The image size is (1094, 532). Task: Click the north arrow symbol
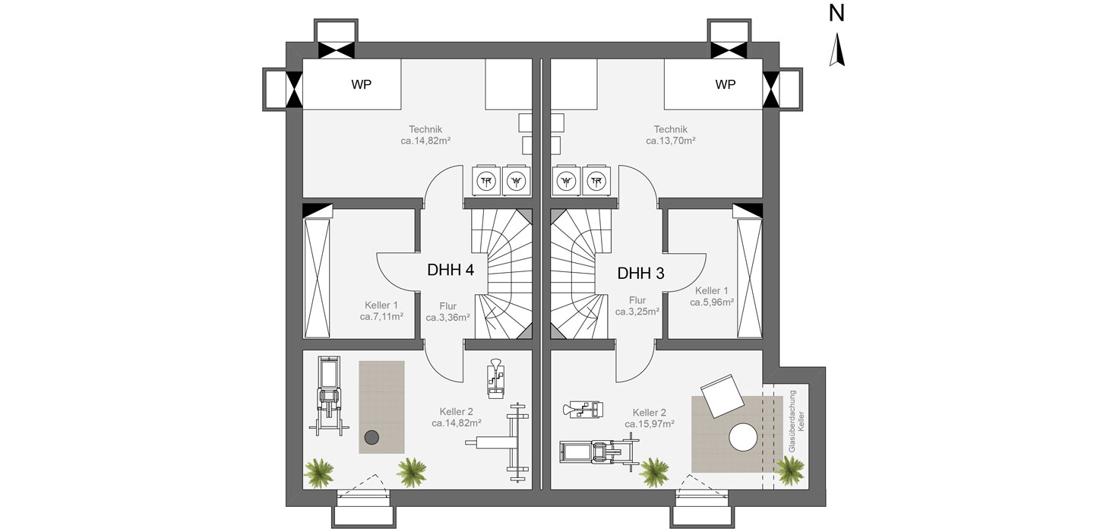click(x=836, y=49)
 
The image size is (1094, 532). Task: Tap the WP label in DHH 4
click(x=361, y=84)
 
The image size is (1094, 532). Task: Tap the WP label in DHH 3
click(x=726, y=84)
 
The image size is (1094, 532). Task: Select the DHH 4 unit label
click(x=451, y=270)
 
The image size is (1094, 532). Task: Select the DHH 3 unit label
click(x=640, y=274)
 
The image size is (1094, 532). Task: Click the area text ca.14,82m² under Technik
click(x=425, y=141)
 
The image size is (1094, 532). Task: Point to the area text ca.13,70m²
click(x=671, y=141)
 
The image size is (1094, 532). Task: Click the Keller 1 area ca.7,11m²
click(x=381, y=317)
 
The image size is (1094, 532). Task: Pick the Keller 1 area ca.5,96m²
click(x=712, y=302)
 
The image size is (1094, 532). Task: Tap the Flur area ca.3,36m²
click(x=448, y=318)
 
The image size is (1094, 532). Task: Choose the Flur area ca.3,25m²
click(x=637, y=312)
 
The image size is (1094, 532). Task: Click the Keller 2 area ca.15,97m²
click(x=650, y=424)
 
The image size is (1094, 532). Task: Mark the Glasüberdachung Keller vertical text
click(x=795, y=420)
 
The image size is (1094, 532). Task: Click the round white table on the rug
click(x=743, y=437)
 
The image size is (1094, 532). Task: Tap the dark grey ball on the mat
click(x=372, y=437)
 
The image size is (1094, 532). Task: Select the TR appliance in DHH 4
click(x=486, y=181)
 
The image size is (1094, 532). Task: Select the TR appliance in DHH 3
click(x=596, y=181)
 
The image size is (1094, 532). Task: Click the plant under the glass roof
click(x=790, y=470)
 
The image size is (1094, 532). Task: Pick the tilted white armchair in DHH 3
click(x=722, y=396)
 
